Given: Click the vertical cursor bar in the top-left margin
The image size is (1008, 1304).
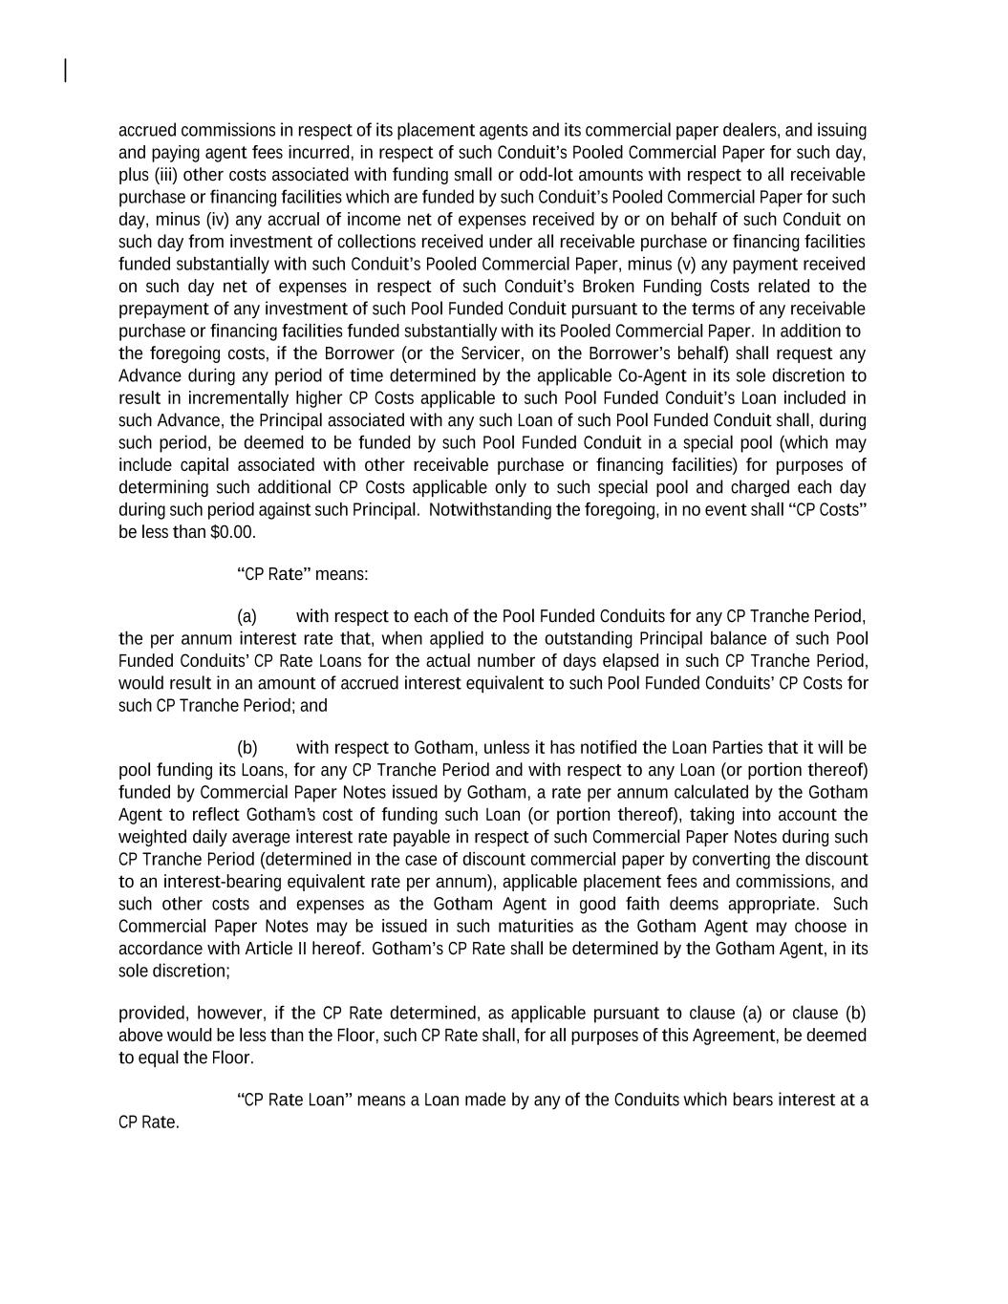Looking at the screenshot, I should [65, 71].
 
